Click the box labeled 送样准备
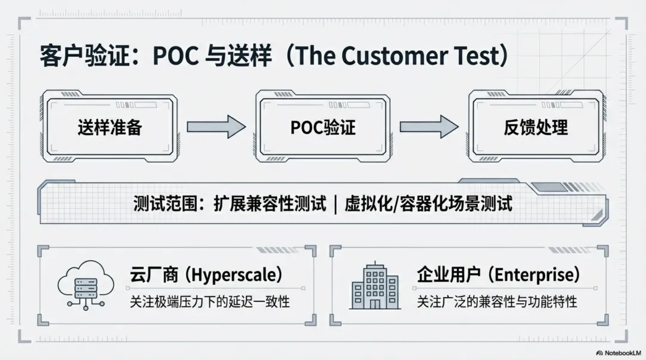pos(109,127)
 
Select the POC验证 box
pos(323,127)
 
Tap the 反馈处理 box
pos(535,127)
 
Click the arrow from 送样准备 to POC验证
pos(216,127)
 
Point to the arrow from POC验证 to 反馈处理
pos(429,127)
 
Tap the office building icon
pos(375,286)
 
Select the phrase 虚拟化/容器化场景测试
pos(428,205)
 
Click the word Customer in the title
pos(394,56)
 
